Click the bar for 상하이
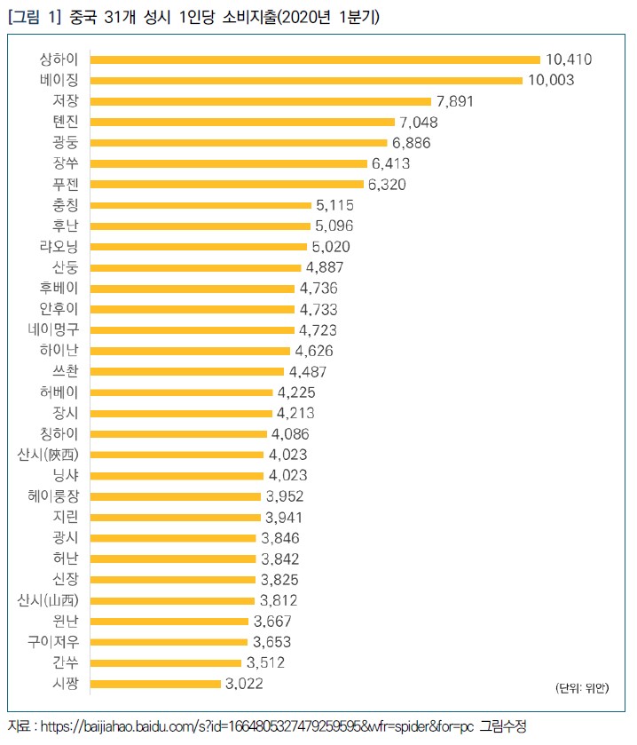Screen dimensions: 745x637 click(x=315, y=60)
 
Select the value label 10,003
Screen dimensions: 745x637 click(x=550, y=81)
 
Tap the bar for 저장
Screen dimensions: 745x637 click(x=261, y=101)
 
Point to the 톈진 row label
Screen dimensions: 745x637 click(x=66, y=122)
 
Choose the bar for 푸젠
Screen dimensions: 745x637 click(x=227, y=185)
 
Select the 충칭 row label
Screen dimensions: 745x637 click(x=66, y=205)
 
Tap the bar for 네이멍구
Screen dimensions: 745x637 click(x=192, y=330)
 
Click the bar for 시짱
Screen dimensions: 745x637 click(x=155, y=684)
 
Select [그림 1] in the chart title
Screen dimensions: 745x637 click(x=34, y=17)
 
